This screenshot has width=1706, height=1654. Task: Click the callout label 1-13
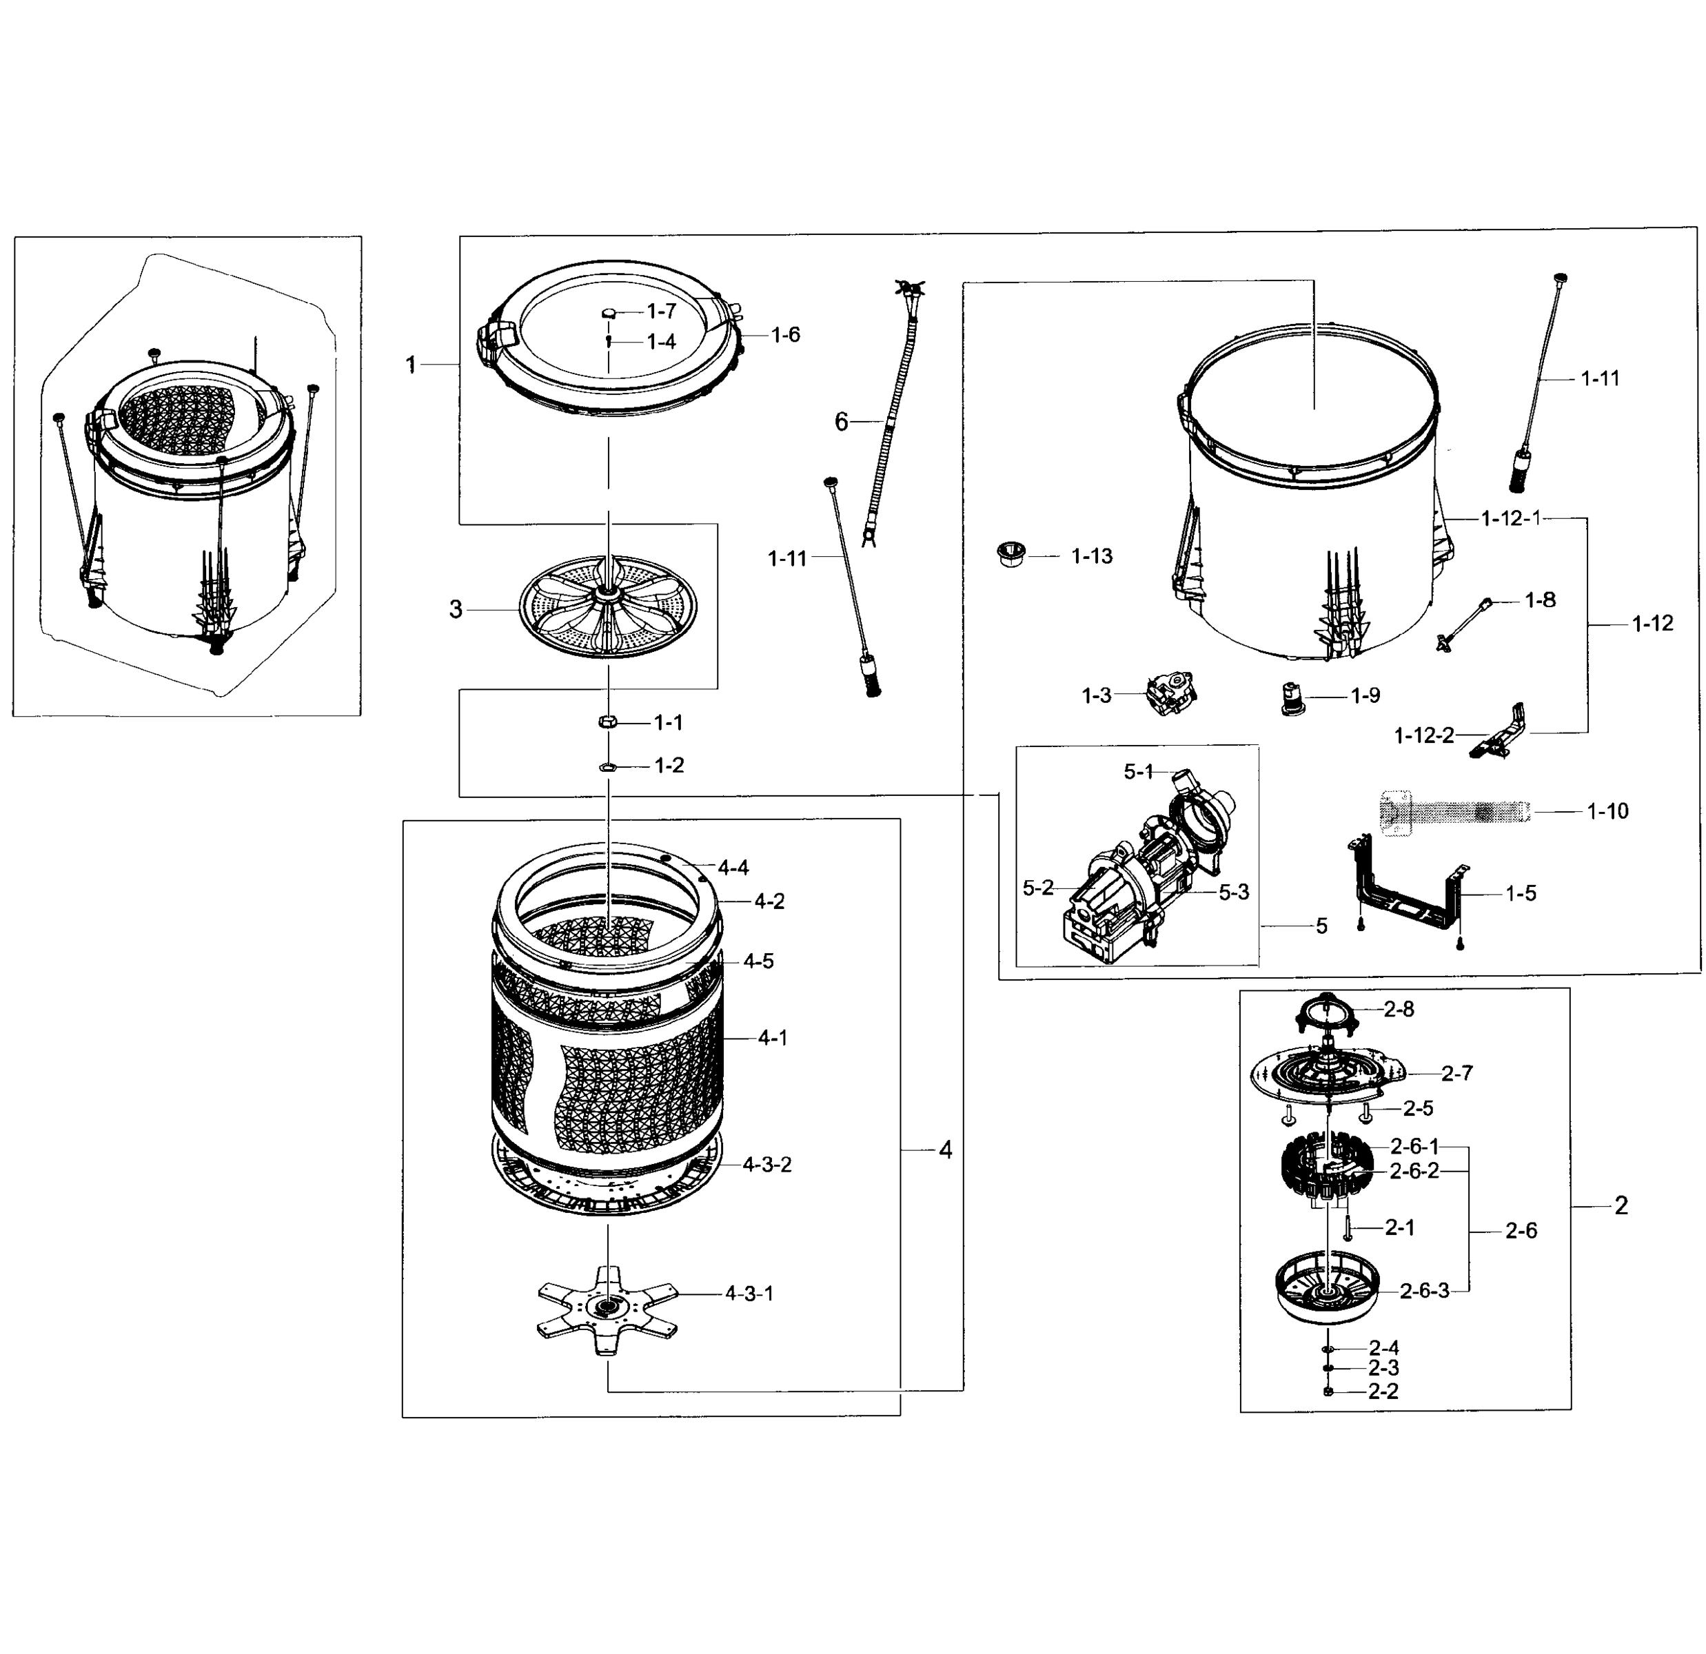click(x=1090, y=557)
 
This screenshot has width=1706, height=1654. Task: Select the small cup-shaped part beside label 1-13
click(x=1011, y=553)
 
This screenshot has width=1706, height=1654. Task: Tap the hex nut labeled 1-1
click(x=609, y=722)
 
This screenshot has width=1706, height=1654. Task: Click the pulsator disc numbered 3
click(x=609, y=609)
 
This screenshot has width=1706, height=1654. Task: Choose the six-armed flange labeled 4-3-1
click(x=607, y=1309)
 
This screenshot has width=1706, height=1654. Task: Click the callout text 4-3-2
click(x=766, y=1164)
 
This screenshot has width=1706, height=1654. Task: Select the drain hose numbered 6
click(x=890, y=418)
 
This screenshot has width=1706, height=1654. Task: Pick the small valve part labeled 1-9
click(x=1292, y=698)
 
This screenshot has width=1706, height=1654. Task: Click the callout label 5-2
click(x=1037, y=888)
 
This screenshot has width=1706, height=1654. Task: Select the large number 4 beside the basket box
click(x=945, y=1150)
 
